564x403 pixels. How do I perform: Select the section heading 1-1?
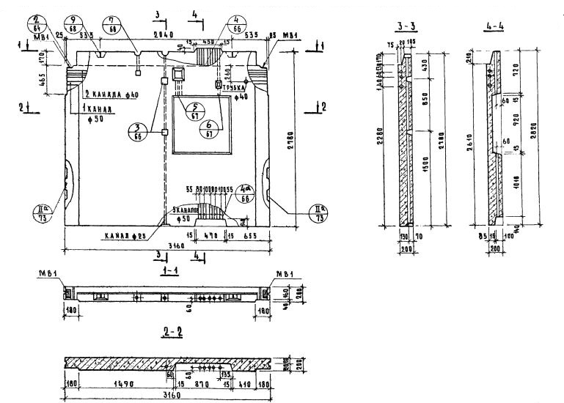point(171,270)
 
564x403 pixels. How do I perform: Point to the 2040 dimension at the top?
point(164,34)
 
